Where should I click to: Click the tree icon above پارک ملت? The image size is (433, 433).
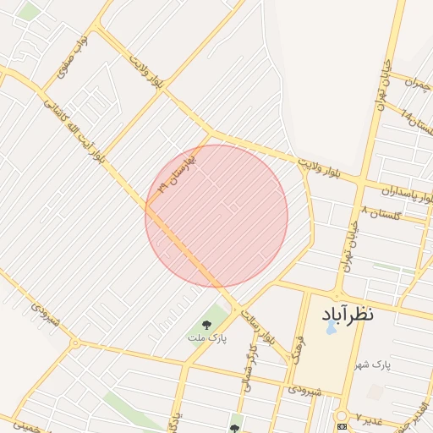tap(207, 324)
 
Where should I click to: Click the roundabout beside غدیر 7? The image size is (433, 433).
tap(342, 416)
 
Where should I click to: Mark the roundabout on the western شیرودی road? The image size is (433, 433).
tap(75, 343)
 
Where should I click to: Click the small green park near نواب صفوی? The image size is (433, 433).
tap(30, 12)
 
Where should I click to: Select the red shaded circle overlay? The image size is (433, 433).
tap(216, 216)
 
